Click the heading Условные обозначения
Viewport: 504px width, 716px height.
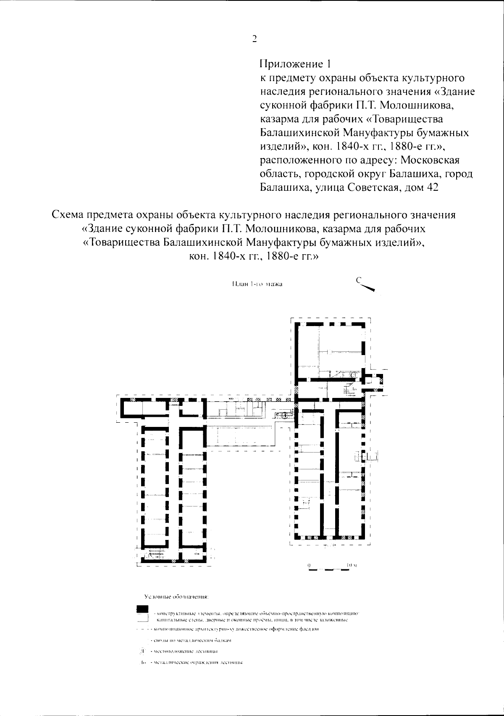(x=176, y=597)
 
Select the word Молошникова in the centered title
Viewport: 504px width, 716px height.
(x=274, y=229)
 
